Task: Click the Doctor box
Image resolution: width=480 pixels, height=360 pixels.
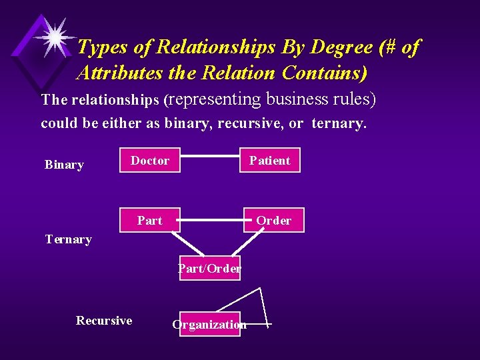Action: pyautogui.click(x=150, y=160)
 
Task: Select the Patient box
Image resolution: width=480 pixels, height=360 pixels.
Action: pyautogui.click(x=270, y=160)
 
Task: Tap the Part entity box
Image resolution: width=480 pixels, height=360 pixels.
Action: pyautogui.click(x=150, y=220)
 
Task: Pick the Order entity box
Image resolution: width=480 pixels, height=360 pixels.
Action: pyautogui.click(x=273, y=220)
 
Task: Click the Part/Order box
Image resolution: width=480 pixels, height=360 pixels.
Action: pyautogui.click(x=209, y=268)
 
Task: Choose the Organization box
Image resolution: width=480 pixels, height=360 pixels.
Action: pyautogui.click(x=209, y=324)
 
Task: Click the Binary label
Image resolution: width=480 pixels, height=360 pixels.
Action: pyautogui.click(x=64, y=165)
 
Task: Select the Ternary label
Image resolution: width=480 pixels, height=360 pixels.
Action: pyautogui.click(x=68, y=239)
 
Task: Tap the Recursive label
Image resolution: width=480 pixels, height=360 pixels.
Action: pyautogui.click(x=104, y=321)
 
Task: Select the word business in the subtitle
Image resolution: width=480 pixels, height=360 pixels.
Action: pyautogui.click(x=297, y=99)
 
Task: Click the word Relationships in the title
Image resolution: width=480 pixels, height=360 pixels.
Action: pyautogui.click(x=177, y=47)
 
